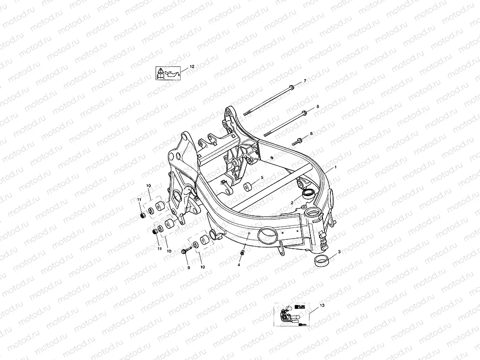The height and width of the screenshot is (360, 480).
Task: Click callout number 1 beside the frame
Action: pos(335,167)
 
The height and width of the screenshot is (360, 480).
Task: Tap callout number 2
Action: pos(292,203)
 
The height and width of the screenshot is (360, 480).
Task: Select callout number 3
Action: pos(340,253)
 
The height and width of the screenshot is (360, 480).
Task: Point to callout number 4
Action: pos(239,265)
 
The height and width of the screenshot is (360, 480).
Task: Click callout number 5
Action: pos(262,178)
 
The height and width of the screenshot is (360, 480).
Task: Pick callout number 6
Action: pos(311,133)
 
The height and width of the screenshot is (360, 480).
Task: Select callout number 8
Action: pos(318,107)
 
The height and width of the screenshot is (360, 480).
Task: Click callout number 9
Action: pos(189,267)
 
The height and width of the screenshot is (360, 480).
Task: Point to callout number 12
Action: pos(192,66)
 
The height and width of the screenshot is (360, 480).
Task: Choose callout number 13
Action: pos(322,306)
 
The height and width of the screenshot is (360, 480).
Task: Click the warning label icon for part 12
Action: pos(168,73)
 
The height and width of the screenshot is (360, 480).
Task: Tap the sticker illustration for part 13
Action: pos(291,315)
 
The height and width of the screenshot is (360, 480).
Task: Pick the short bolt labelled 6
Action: pos(299,141)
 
